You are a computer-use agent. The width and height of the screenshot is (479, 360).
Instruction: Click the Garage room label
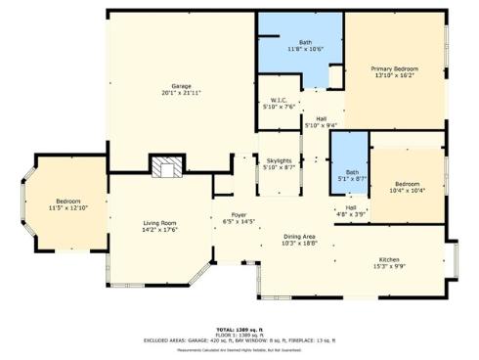coord(181,86)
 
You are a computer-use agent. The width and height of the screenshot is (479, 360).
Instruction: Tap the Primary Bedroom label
coord(394,68)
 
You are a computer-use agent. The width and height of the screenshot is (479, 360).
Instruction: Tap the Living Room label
coord(158,224)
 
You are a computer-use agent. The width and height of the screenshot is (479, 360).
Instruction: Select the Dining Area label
coord(299,237)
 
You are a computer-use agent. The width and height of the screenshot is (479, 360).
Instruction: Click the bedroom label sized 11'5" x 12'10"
coord(68,202)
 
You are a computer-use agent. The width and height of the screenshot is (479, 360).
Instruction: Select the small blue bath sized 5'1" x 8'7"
coord(350,175)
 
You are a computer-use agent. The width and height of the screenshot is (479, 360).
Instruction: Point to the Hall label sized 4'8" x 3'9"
coord(350,207)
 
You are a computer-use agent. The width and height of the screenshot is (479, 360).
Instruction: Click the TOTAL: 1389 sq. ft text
coord(239,330)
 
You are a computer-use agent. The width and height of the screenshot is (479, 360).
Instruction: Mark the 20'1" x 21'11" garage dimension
coord(181,93)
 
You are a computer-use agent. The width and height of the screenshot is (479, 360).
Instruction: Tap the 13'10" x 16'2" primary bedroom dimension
coord(394,75)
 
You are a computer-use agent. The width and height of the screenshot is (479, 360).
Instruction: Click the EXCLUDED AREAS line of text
coord(239,339)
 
